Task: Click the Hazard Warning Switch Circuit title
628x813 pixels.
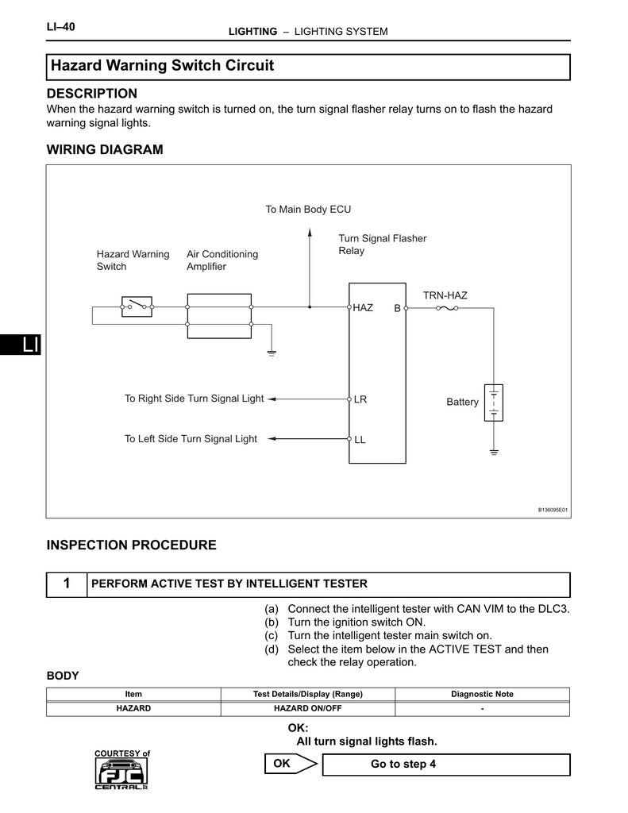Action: coord(162,66)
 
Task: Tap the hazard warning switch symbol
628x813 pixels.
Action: coord(137,306)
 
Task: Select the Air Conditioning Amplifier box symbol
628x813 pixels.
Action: coord(219,314)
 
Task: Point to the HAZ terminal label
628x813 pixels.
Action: coord(363,307)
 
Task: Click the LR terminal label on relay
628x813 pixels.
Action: coord(360,399)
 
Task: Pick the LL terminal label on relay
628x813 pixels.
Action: coord(360,439)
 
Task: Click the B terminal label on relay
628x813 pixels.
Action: coord(397,308)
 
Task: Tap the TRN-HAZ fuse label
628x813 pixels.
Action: coord(445,295)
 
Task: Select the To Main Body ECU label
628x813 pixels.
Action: coord(308,210)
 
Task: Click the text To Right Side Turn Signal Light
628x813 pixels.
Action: coord(194,399)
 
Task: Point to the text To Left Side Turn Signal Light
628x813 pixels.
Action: coord(191,438)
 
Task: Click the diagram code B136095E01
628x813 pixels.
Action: coord(553,510)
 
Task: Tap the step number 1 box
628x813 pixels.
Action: coord(67,584)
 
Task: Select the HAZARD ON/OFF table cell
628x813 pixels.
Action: coord(307,708)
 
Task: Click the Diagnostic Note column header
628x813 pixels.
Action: coord(482,694)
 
